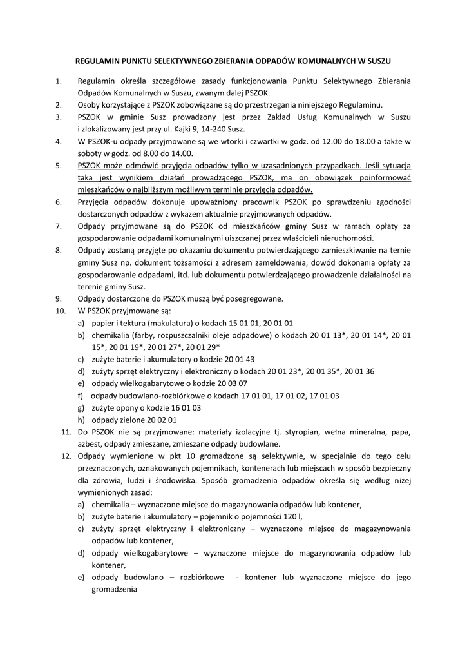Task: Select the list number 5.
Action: tap(58, 166)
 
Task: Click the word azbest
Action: tap(90, 444)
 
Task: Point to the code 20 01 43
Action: tap(237, 359)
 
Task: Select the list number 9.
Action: tap(58, 298)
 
